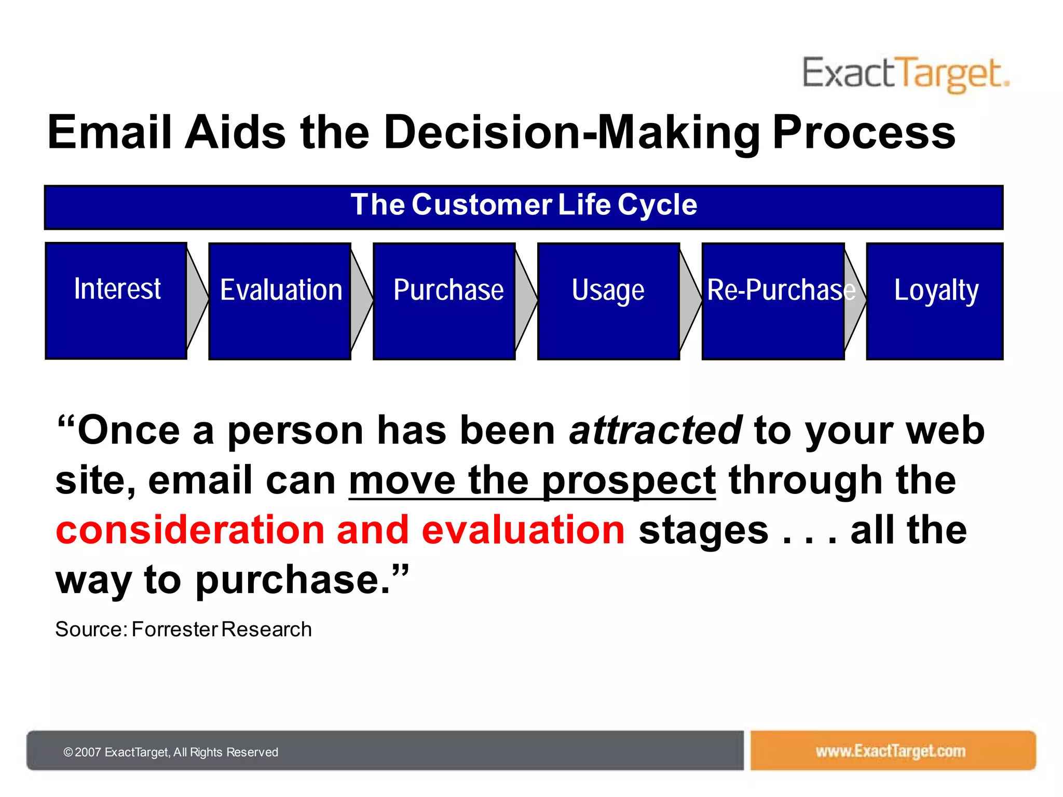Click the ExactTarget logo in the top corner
906,75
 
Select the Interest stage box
116,301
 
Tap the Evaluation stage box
280,301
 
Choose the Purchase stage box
444,301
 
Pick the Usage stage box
609,301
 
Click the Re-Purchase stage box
773,301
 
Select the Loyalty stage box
935,301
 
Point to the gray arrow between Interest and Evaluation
197,300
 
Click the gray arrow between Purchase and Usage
526,300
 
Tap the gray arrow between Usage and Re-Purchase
690,300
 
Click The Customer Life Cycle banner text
524,204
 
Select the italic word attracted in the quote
656,430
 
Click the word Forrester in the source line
174,629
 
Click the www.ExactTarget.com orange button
893,750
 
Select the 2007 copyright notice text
171,752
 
